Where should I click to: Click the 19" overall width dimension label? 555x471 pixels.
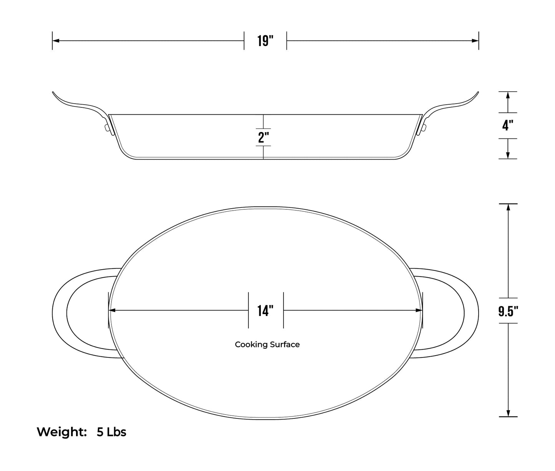[265, 41]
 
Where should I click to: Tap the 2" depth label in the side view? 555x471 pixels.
[263, 137]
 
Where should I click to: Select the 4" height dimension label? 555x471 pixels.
[508, 125]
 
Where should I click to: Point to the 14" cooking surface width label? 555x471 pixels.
[265, 311]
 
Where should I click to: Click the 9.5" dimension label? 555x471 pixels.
[508, 311]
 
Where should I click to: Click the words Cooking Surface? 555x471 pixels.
[267, 344]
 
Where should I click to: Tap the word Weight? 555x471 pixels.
[61, 432]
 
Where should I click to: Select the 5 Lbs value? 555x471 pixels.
[111, 432]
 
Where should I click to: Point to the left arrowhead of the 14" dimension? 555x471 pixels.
[113, 310]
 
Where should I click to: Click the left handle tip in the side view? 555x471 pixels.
[53, 92]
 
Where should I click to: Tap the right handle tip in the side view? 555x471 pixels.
[477, 92]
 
